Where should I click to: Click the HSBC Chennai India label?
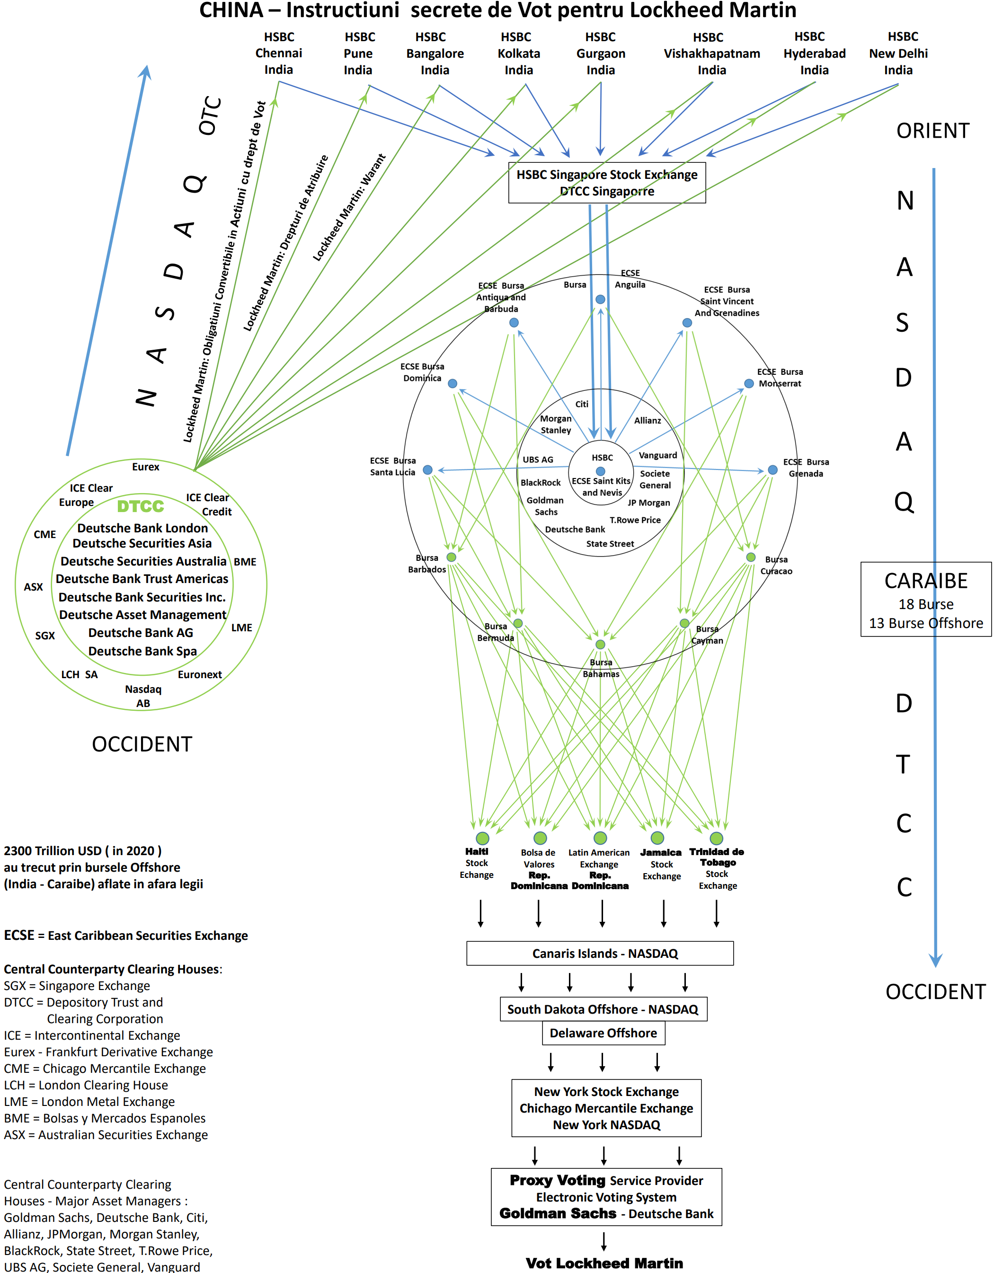point(279,53)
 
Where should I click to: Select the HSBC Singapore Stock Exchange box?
point(607,183)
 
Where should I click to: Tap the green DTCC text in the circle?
point(141,506)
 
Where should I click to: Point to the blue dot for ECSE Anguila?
point(600,300)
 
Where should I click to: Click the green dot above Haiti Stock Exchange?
point(482,838)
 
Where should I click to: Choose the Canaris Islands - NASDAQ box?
point(600,954)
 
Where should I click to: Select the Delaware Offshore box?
point(603,1034)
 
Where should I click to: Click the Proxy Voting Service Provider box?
point(606,1197)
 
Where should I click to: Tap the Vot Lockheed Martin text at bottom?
point(604,1263)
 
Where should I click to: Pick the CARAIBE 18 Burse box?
point(926,599)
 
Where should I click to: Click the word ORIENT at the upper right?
point(933,131)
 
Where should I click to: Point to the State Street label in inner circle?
point(610,544)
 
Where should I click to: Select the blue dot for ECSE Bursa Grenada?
point(772,470)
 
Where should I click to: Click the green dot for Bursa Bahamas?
point(600,645)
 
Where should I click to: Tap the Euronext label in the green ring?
point(199,674)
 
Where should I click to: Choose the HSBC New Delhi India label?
point(898,53)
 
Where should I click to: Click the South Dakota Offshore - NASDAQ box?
point(603,1009)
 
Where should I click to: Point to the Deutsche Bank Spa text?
point(142,651)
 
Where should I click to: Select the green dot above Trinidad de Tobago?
point(717,838)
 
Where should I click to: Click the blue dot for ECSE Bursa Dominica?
point(453,383)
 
